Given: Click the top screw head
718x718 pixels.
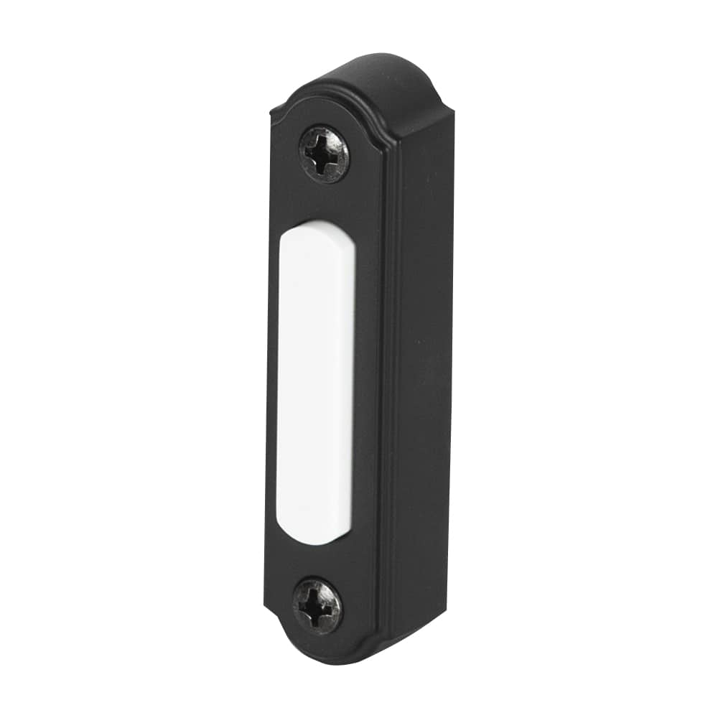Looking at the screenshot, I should coord(324,154).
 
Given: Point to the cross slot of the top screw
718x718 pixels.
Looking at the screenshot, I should coord(324,154).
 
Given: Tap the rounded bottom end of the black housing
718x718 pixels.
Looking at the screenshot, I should coord(337,657).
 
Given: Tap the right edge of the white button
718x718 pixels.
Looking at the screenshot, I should coord(354,381).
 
